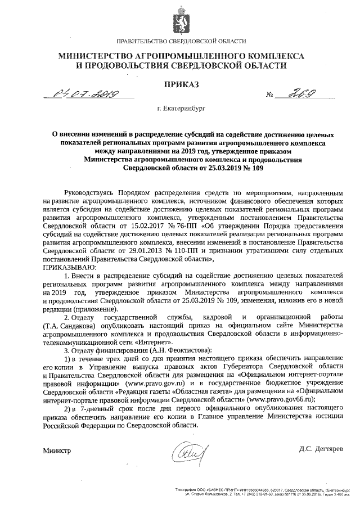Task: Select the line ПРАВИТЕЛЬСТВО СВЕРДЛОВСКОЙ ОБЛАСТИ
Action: click(x=181, y=42)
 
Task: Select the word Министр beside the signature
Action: click(x=57, y=451)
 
